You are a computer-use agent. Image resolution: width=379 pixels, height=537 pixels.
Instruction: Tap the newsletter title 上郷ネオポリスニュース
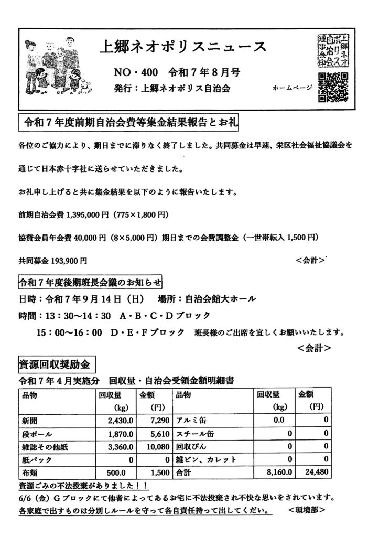point(182,48)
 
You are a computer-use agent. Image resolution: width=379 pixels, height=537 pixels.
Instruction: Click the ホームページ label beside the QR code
point(292,88)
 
